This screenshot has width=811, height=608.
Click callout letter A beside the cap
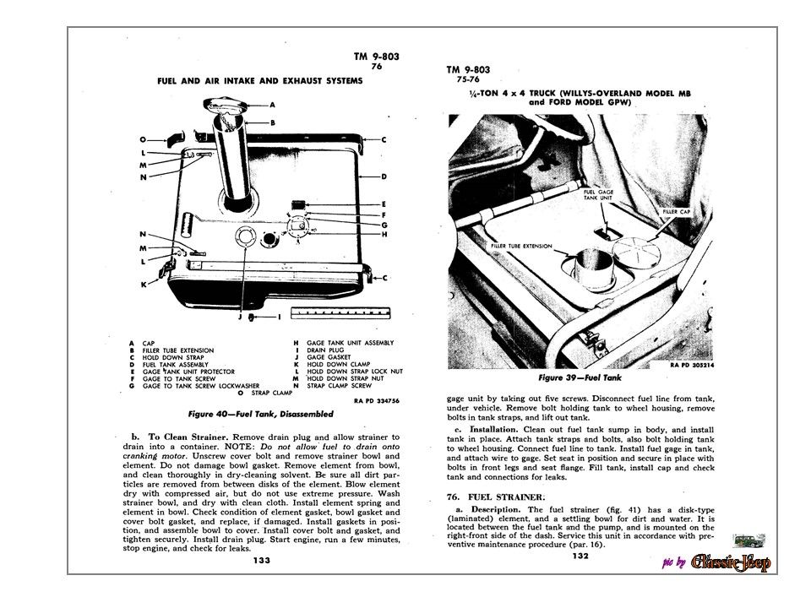pyautogui.click(x=273, y=105)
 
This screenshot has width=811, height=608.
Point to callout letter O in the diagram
pyautogui.click(x=143, y=138)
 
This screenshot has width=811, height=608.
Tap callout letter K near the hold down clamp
pyautogui.click(x=144, y=285)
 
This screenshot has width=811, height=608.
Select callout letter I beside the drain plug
pyautogui.click(x=280, y=318)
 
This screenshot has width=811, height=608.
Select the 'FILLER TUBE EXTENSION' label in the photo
pyautogui.click(x=520, y=247)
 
